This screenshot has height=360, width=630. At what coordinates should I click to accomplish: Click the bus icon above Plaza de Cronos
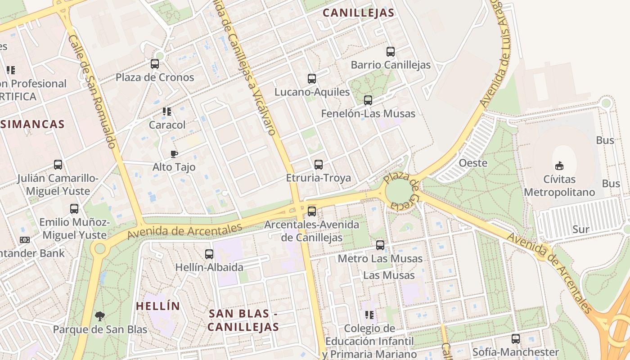coord(155,64)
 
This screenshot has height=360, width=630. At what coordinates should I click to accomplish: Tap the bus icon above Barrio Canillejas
coord(390,52)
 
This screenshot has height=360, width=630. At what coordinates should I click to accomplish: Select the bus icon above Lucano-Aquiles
coord(312,79)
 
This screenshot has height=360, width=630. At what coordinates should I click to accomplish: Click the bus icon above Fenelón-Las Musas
coord(368,100)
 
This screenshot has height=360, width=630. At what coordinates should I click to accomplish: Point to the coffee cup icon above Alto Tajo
coord(174,154)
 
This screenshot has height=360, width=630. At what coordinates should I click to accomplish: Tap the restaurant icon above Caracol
coord(167,112)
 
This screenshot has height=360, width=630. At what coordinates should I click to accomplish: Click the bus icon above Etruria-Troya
coord(319,165)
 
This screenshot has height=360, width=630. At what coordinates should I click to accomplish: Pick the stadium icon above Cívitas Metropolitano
coord(559,166)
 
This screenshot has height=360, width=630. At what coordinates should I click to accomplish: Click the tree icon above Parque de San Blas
coord(100,316)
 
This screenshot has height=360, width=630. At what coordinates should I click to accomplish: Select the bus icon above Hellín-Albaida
coord(209,254)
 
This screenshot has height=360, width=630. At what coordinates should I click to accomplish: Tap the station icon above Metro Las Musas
coord(380,245)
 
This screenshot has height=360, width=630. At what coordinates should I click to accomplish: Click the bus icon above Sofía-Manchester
coord(516,339)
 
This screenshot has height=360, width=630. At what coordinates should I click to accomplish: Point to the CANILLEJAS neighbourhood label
coord(359,13)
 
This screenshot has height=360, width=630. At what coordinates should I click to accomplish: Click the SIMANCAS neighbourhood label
coord(32,124)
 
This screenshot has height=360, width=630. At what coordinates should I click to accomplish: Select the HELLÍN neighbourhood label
coord(158,306)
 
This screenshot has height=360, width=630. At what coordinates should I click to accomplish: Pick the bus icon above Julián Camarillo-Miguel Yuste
coord(58,165)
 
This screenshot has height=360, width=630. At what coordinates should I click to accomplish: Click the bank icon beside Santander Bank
coord(25,240)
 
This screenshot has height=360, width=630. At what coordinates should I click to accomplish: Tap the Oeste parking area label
coord(473,163)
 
